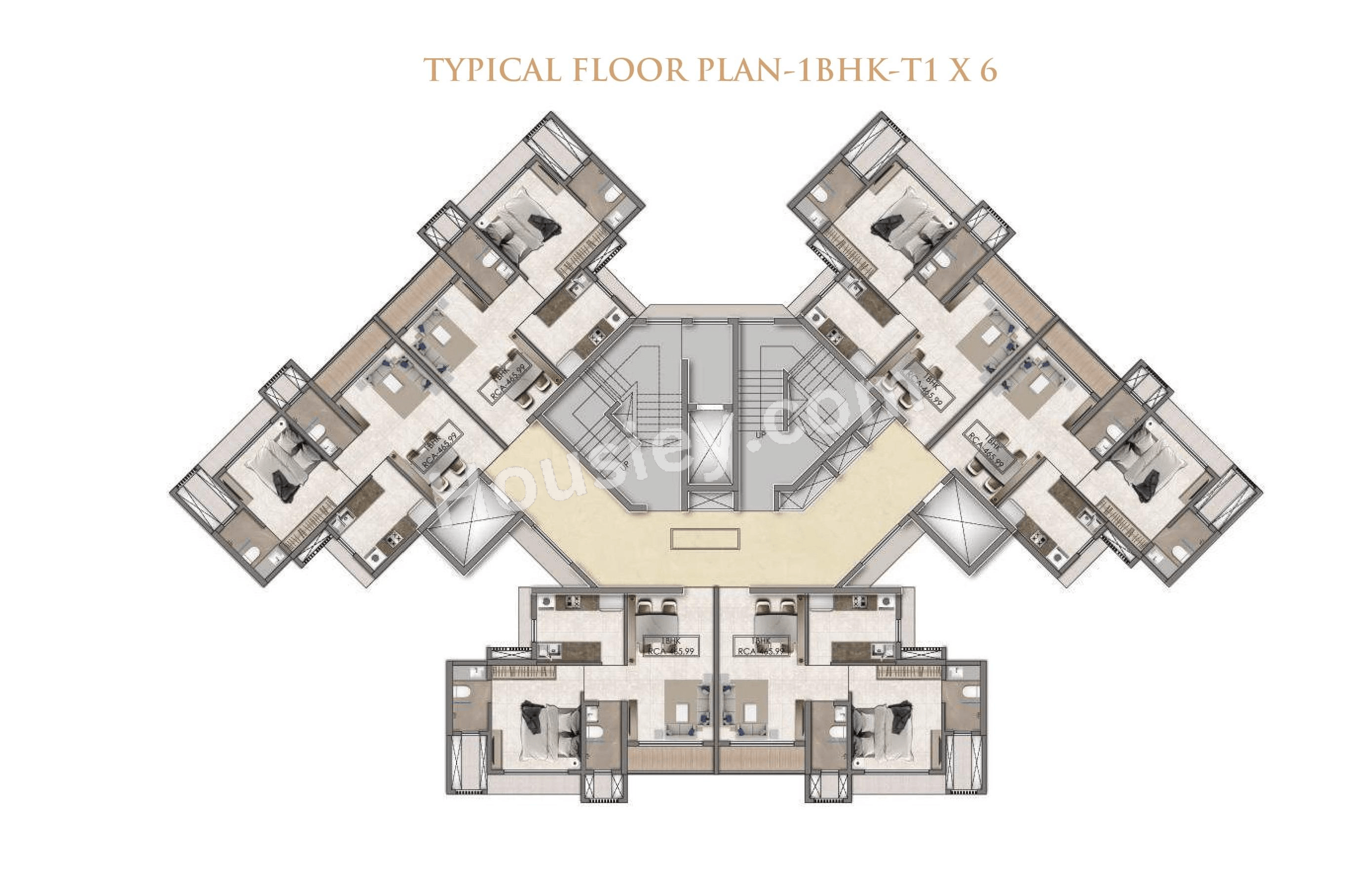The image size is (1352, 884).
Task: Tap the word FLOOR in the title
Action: pos(630,71)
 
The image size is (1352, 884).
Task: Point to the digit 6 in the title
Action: pos(988,71)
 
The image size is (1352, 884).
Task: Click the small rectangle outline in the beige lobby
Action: pos(705,538)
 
